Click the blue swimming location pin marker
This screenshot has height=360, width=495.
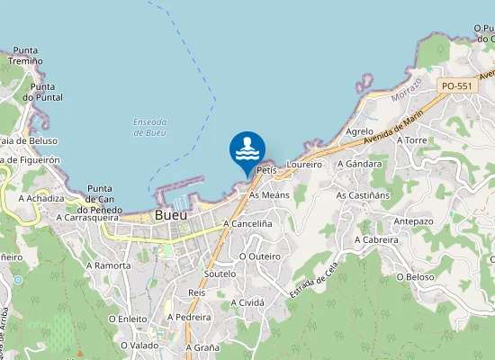pyautogui.click(x=247, y=150)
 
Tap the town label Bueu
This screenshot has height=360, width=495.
pyautogui.click(x=171, y=216)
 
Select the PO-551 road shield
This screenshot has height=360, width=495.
pyautogui.click(x=457, y=85)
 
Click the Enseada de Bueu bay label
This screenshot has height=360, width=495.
pyautogui.click(x=149, y=127)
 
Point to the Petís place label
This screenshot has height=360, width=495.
pyautogui.click(x=265, y=170)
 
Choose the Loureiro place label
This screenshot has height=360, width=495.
pyautogui.click(x=303, y=165)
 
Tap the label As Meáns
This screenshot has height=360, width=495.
pyautogui.click(x=269, y=194)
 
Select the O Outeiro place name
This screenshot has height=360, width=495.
pyautogui.click(x=260, y=256)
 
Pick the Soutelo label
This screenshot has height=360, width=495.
pyautogui.click(x=220, y=273)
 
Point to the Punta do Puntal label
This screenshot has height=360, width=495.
pyautogui.click(x=41, y=92)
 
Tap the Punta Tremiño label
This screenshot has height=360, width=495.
pyautogui.click(x=25, y=55)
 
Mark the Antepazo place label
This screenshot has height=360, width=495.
pyautogui.click(x=414, y=220)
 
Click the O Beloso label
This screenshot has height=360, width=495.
pyautogui.click(x=415, y=276)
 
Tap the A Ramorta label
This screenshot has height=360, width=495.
pyautogui.click(x=108, y=265)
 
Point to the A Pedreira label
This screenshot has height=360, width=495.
pyautogui.click(x=190, y=318)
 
